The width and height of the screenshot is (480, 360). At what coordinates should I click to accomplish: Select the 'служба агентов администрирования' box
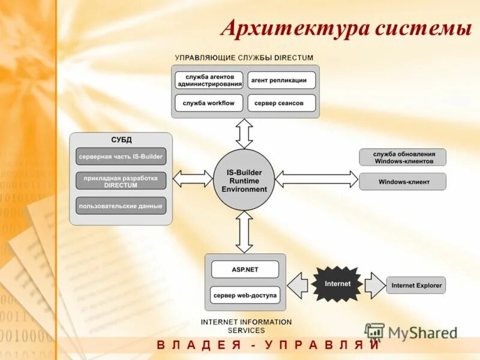(x=209, y=80)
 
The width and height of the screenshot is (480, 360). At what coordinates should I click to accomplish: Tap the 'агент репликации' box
(x=278, y=80)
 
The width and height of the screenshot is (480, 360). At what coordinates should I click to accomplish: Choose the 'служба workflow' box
(x=209, y=103)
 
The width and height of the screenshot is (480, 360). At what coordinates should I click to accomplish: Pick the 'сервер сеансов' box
(x=278, y=103)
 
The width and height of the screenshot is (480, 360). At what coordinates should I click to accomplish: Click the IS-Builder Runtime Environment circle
(x=244, y=181)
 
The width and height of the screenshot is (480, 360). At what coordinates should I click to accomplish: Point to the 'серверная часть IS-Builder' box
(x=121, y=157)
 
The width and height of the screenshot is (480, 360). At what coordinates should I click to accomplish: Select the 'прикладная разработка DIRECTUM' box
(x=121, y=181)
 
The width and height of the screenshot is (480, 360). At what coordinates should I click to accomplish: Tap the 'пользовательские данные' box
(x=121, y=206)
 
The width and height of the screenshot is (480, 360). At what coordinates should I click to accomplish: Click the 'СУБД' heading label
(x=121, y=140)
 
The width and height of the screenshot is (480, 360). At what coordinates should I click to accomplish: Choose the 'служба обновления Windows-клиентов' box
(x=403, y=157)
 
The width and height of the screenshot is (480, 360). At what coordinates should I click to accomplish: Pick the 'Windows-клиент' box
(x=403, y=182)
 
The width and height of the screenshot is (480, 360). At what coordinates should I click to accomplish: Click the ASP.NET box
(x=245, y=269)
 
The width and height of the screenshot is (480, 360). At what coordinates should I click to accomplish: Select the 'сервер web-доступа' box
(x=245, y=295)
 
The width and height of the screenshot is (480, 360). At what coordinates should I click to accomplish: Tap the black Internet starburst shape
(x=337, y=284)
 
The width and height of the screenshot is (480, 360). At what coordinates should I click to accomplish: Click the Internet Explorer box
(x=416, y=285)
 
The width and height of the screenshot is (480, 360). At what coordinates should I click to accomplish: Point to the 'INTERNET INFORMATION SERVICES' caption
(x=246, y=326)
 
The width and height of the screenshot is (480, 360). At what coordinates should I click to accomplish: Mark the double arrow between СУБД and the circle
(x=193, y=178)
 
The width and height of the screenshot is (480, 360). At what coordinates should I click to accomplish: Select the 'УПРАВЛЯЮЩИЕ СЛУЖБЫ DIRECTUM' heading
(x=244, y=58)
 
